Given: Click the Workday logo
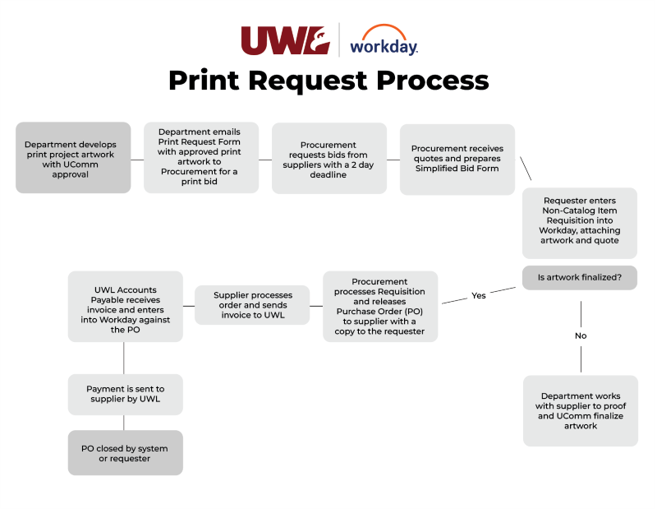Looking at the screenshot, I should click(384, 43).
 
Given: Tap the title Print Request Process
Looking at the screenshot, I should click(328, 81).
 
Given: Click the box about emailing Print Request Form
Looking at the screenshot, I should click(201, 158).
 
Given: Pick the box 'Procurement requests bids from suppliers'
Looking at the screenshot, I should click(329, 158).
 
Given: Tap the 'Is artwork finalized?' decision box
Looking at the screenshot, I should click(580, 278).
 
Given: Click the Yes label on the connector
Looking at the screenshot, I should click(479, 295).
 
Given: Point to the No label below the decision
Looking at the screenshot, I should click(581, 335).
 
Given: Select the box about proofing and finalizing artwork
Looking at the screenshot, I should click(581, 411).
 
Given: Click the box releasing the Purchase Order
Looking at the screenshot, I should click(380, 306).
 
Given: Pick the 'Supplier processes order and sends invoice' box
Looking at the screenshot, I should click(252, 305).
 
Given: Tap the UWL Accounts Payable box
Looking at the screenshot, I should click(126, 306).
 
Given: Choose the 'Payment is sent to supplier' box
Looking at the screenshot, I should click(126, 395).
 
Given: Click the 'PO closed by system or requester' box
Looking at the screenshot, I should click(126, 453).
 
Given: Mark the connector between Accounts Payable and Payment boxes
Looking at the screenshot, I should click(124, 358).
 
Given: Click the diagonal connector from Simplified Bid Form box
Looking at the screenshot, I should click(526, 169).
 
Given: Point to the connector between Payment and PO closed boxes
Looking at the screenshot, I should click(124, 423).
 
